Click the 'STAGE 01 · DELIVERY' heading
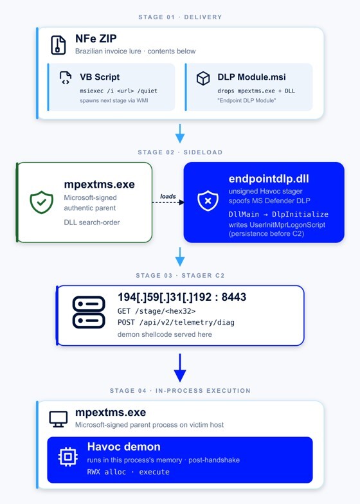(x=180, y=17)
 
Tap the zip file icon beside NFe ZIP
(x=58, y=45)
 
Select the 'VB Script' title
(x=100, y=77)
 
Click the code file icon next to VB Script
(x=66, y=78)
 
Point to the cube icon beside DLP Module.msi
(x=203, y=78)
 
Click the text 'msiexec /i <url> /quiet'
(x=118, y=91)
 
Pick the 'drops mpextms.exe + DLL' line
(x=256, y=91)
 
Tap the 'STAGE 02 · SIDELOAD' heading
(x=180, y=152)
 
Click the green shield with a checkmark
(x=41, y=202)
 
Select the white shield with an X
(x=208, y=201)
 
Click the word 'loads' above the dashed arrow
(x=168, y=196)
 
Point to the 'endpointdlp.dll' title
(x=269, y=179)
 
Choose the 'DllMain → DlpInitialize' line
(x=278, y=215)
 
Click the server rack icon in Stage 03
(x=89, y=312)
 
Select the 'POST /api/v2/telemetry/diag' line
(x=176, y=323)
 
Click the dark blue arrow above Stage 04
(x=180, y=368)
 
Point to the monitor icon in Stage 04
(x=59, y=419)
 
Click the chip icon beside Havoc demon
(x=68, y=456)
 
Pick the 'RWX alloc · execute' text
(x=129, y=472)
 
